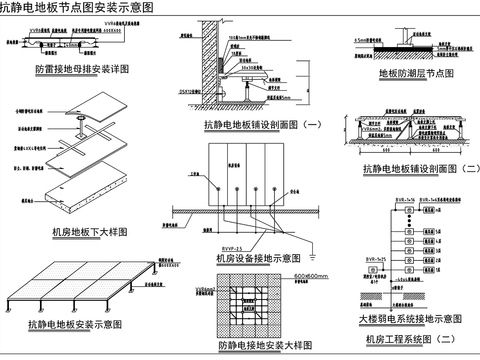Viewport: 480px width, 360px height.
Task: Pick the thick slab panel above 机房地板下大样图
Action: click(x=80, y=200)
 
